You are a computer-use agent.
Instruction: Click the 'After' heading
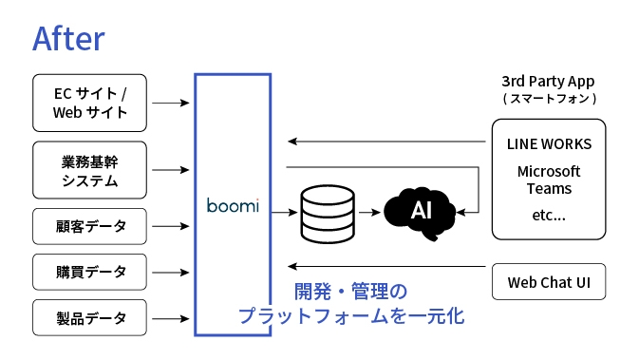67,37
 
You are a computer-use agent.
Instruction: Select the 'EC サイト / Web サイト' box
90,104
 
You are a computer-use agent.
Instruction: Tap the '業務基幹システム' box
90,170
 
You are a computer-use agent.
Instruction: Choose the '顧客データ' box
90,227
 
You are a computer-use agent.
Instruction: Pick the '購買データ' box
90,272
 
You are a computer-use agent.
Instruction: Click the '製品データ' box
90,317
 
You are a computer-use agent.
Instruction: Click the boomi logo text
233,205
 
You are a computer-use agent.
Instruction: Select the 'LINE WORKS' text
549,144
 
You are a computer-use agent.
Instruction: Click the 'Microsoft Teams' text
549,180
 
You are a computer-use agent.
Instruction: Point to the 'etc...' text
549,215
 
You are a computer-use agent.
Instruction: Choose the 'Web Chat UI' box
549,282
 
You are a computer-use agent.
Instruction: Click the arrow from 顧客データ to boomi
171,227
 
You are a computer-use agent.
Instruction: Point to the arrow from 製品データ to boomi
171,317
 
